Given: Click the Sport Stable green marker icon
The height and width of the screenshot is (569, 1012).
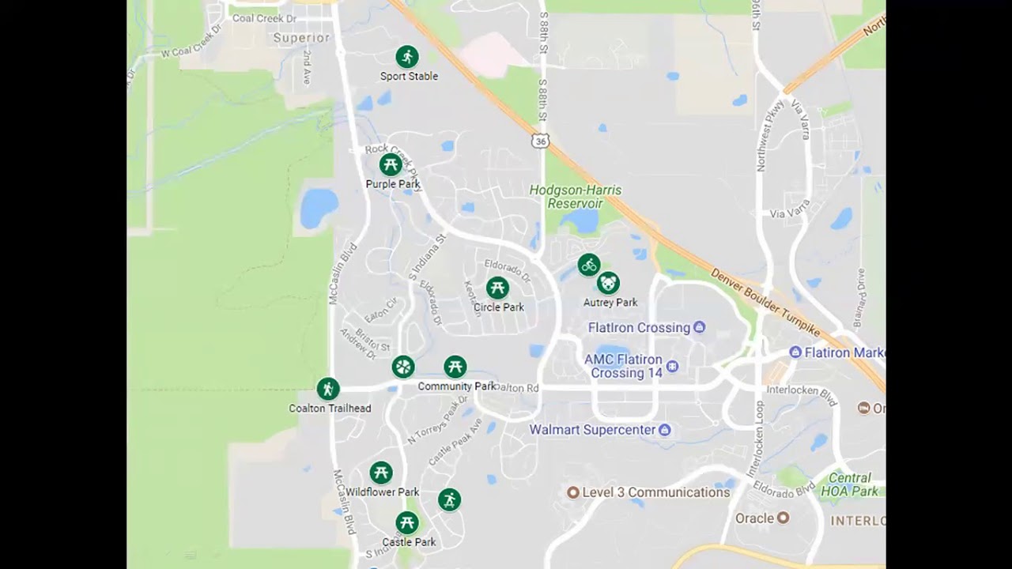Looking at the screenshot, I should [407, 57].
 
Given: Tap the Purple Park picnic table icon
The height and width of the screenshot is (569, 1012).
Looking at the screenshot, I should [390, 165].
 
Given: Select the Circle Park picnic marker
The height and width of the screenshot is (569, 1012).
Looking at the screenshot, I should [497, 288].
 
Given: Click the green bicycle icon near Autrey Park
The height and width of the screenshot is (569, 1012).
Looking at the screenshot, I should [589, 266].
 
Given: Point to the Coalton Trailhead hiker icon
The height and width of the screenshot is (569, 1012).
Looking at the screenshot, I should [328, 389].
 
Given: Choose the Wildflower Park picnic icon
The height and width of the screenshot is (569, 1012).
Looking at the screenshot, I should [381, 473].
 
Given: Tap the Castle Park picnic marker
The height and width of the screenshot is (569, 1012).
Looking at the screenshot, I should [407, 522].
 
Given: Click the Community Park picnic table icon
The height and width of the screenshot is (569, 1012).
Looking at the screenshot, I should [455, 367].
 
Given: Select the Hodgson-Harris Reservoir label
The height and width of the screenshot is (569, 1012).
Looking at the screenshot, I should [575, 197].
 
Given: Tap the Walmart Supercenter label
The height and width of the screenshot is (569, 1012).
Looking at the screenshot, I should [592, 430].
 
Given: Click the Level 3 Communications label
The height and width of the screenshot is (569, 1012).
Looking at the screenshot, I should [655, 492].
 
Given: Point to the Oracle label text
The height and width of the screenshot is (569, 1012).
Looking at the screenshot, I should [754, 518].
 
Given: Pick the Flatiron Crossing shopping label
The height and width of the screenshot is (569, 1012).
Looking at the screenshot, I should [639, 328].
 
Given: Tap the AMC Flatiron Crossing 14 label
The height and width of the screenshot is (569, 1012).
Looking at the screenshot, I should [623, 366].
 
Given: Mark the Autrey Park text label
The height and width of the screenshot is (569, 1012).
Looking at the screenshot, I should [610, 303].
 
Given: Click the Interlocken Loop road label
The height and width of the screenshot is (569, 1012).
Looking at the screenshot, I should [760, 439].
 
